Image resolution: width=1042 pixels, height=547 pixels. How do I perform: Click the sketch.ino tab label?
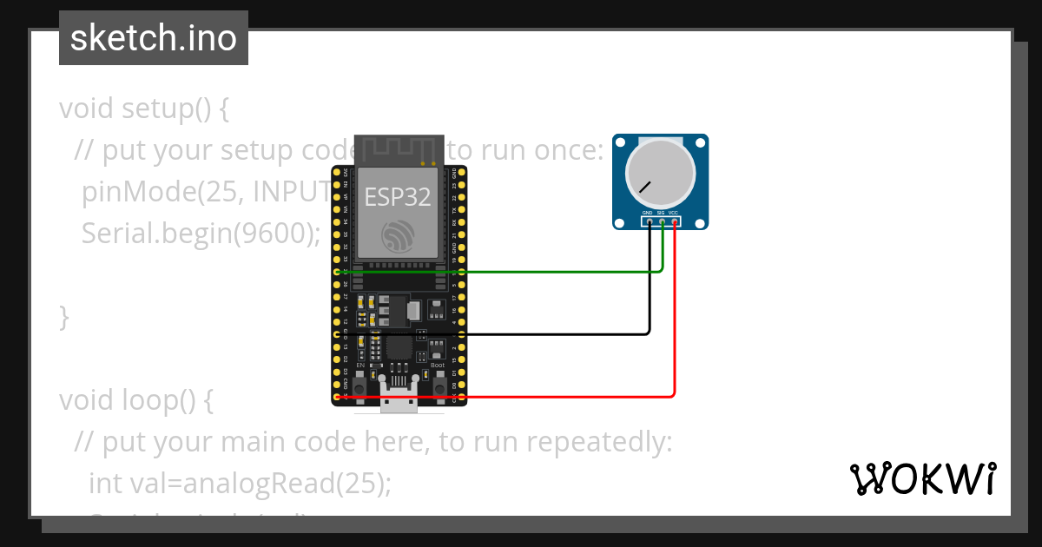pyautogui.click(x=153, y=38)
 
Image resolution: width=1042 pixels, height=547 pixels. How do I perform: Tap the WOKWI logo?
pyautogui.click(x=922, y=478)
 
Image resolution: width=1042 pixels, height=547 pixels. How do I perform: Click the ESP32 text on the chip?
pyautogui.click(x=397, y=197)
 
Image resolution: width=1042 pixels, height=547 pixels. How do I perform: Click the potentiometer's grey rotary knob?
pyautogui.click(x=660, y=171)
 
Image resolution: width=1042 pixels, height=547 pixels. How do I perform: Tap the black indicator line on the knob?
pyautogui.click(x=644, y=187)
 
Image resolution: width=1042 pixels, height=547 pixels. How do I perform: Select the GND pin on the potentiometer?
pyautogui.click(x=650, y=223)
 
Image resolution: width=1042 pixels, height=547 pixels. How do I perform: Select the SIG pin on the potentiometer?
pyautogui.click(x=662, y=223)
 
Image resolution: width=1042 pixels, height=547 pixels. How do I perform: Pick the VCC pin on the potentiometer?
pyautogui.click(x=674, y=223)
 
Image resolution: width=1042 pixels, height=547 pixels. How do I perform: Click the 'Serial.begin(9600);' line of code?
pyautogui.click(x=201, y=234)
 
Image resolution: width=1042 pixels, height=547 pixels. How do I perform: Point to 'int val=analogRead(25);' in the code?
pyautogui.click(x=240, y=483)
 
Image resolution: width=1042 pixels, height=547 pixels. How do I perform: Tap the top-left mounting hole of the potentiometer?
pyautogui.click(x=618, y=141)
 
